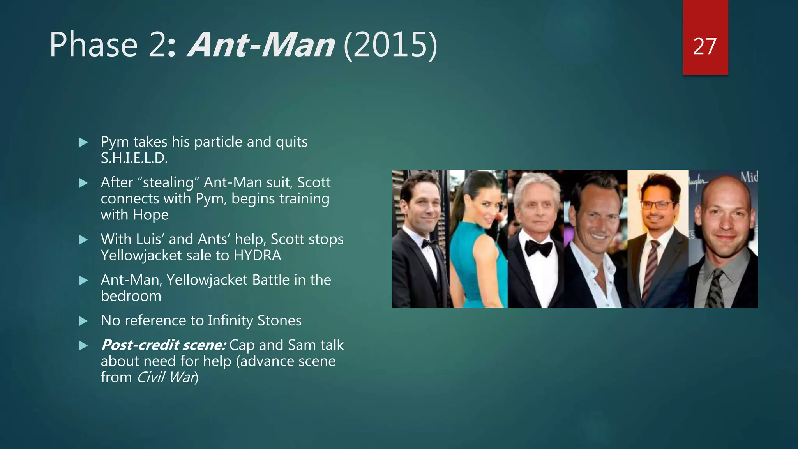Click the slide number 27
click(x=704, y=47)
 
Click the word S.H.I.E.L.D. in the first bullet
click(x=134, y=158)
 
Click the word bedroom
click(x=131, y=296)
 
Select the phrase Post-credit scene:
click(x=163, y=345)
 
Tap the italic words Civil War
click(x=166, y=378)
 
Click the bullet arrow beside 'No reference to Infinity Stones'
click(x=83, y=321)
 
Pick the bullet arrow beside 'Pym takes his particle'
click(x=83, y=142)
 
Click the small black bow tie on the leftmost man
click(x=429, y=244)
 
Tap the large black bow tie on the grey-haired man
click(x=538, y=248)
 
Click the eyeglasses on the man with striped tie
click(x=657, y=205)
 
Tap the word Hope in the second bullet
click(x=150, y=215)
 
